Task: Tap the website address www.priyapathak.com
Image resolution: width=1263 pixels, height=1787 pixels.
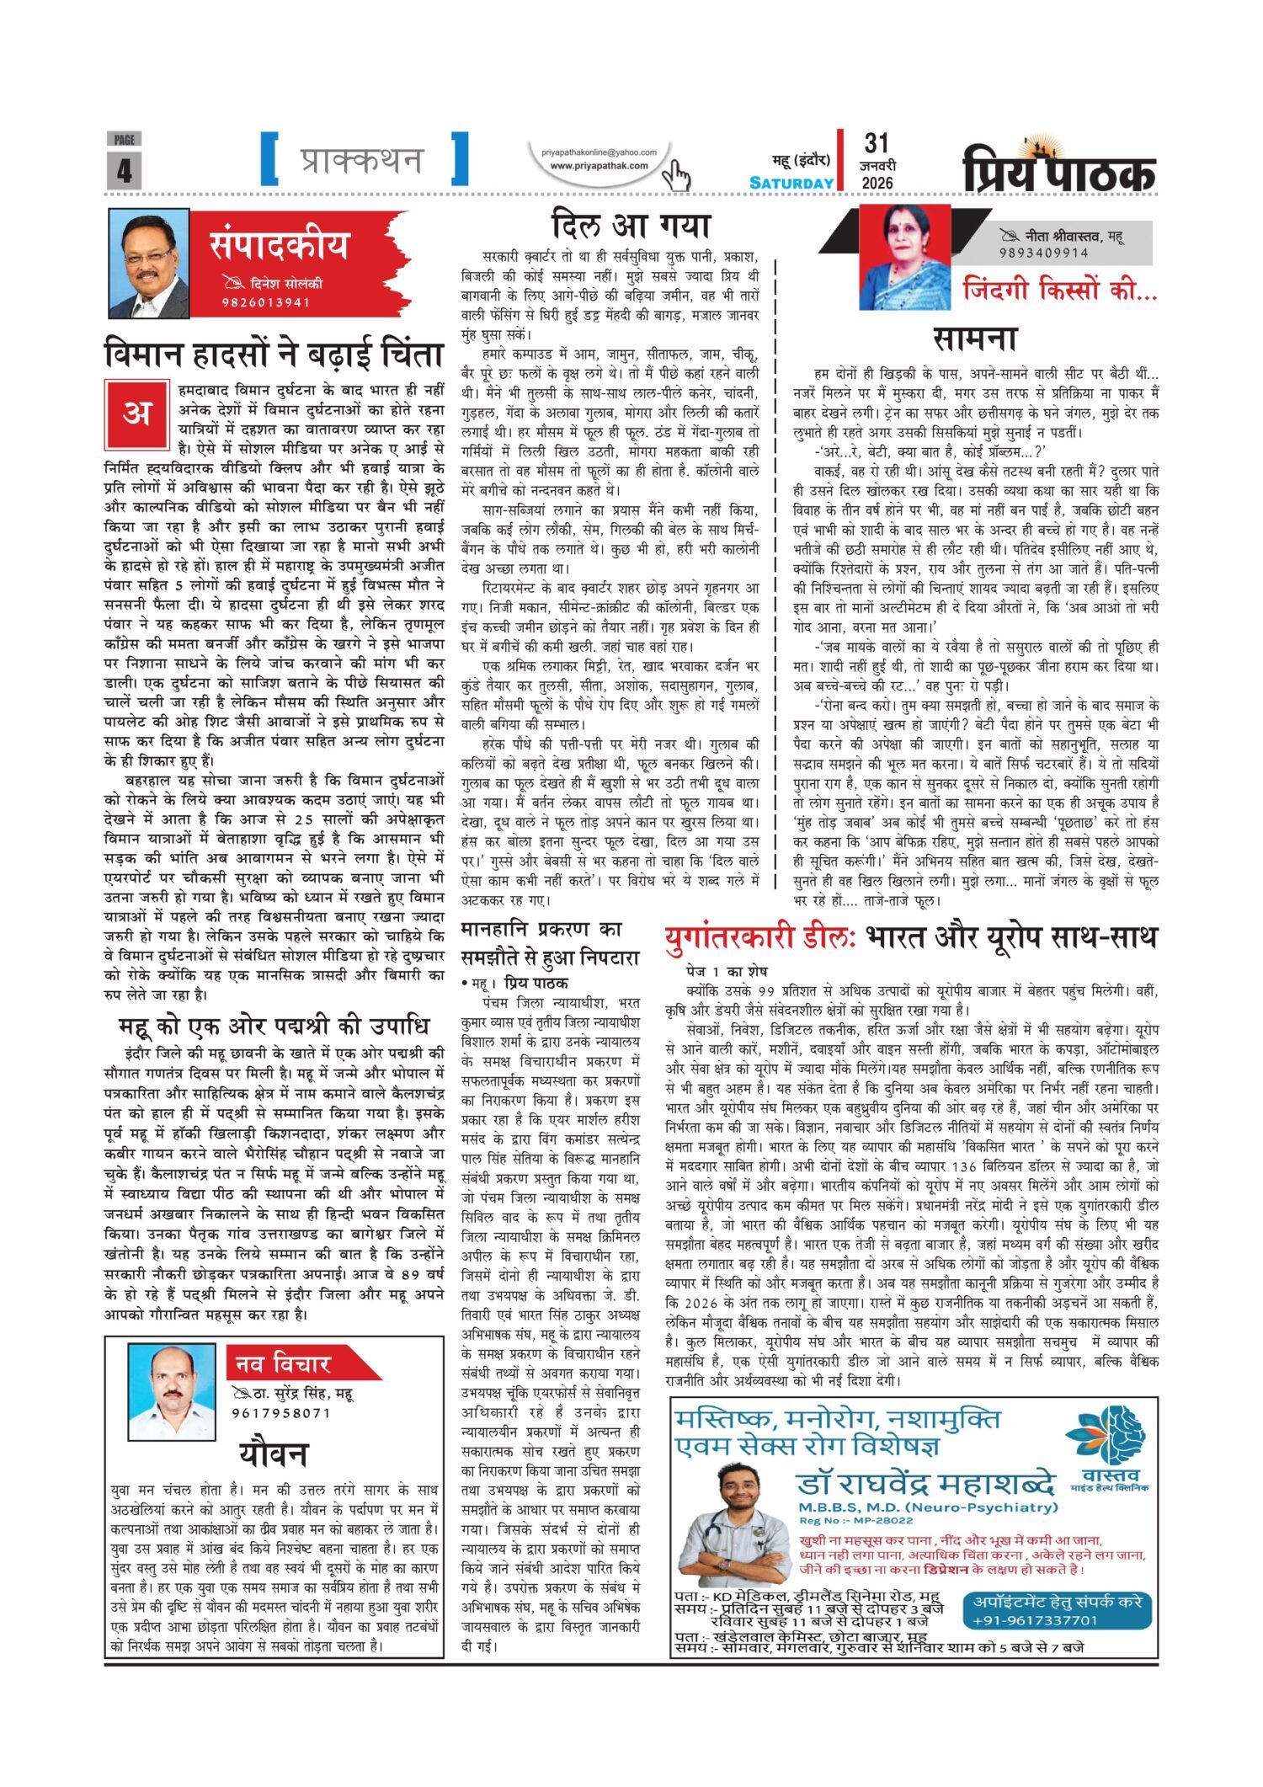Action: click(x=599, y=166)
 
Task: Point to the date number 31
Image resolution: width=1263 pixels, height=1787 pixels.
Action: click(x=877, y=143)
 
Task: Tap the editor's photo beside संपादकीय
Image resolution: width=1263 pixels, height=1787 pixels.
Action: click(x=150, y=264)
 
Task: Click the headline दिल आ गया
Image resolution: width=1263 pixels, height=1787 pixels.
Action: click(x=631, y=226)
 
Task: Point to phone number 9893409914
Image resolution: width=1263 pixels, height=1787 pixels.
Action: click(x=1044, y=252)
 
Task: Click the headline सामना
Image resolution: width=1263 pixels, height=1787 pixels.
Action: click(x=975, y=338)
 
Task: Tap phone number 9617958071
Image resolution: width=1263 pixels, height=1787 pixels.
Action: click(x=281, y=1413)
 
